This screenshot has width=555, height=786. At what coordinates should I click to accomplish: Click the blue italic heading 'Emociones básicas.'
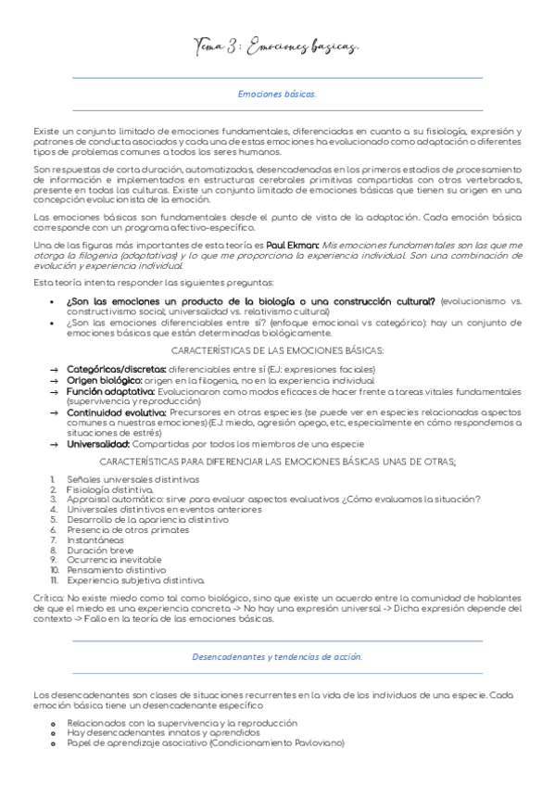(x=276, y=95)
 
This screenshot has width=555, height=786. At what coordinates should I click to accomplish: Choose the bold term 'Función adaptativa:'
(x=107, y=392)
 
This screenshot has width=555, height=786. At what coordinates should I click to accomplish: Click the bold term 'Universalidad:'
(x=96, y=444)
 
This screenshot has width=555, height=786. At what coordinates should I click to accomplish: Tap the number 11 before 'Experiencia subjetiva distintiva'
(x=56, y=579)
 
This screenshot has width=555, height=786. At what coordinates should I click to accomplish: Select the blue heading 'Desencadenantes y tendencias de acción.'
(x=276, y=656)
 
